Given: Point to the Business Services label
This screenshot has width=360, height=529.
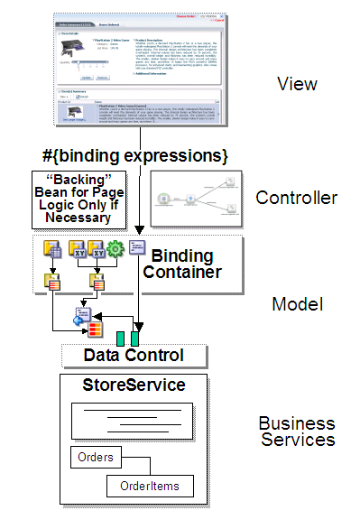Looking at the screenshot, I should point(297,432).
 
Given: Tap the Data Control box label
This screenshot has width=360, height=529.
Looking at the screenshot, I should point(134,355).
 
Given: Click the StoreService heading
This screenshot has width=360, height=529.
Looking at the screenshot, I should point(134,386).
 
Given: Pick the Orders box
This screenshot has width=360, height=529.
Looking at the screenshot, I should point(96,457).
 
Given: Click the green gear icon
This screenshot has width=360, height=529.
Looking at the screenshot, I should point(114,249).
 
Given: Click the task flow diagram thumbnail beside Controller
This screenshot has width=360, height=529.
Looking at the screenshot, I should point(197,197).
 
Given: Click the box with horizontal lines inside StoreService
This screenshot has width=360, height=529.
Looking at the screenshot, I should point(134,420).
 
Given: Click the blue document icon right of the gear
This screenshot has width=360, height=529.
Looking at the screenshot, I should point(136,248).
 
